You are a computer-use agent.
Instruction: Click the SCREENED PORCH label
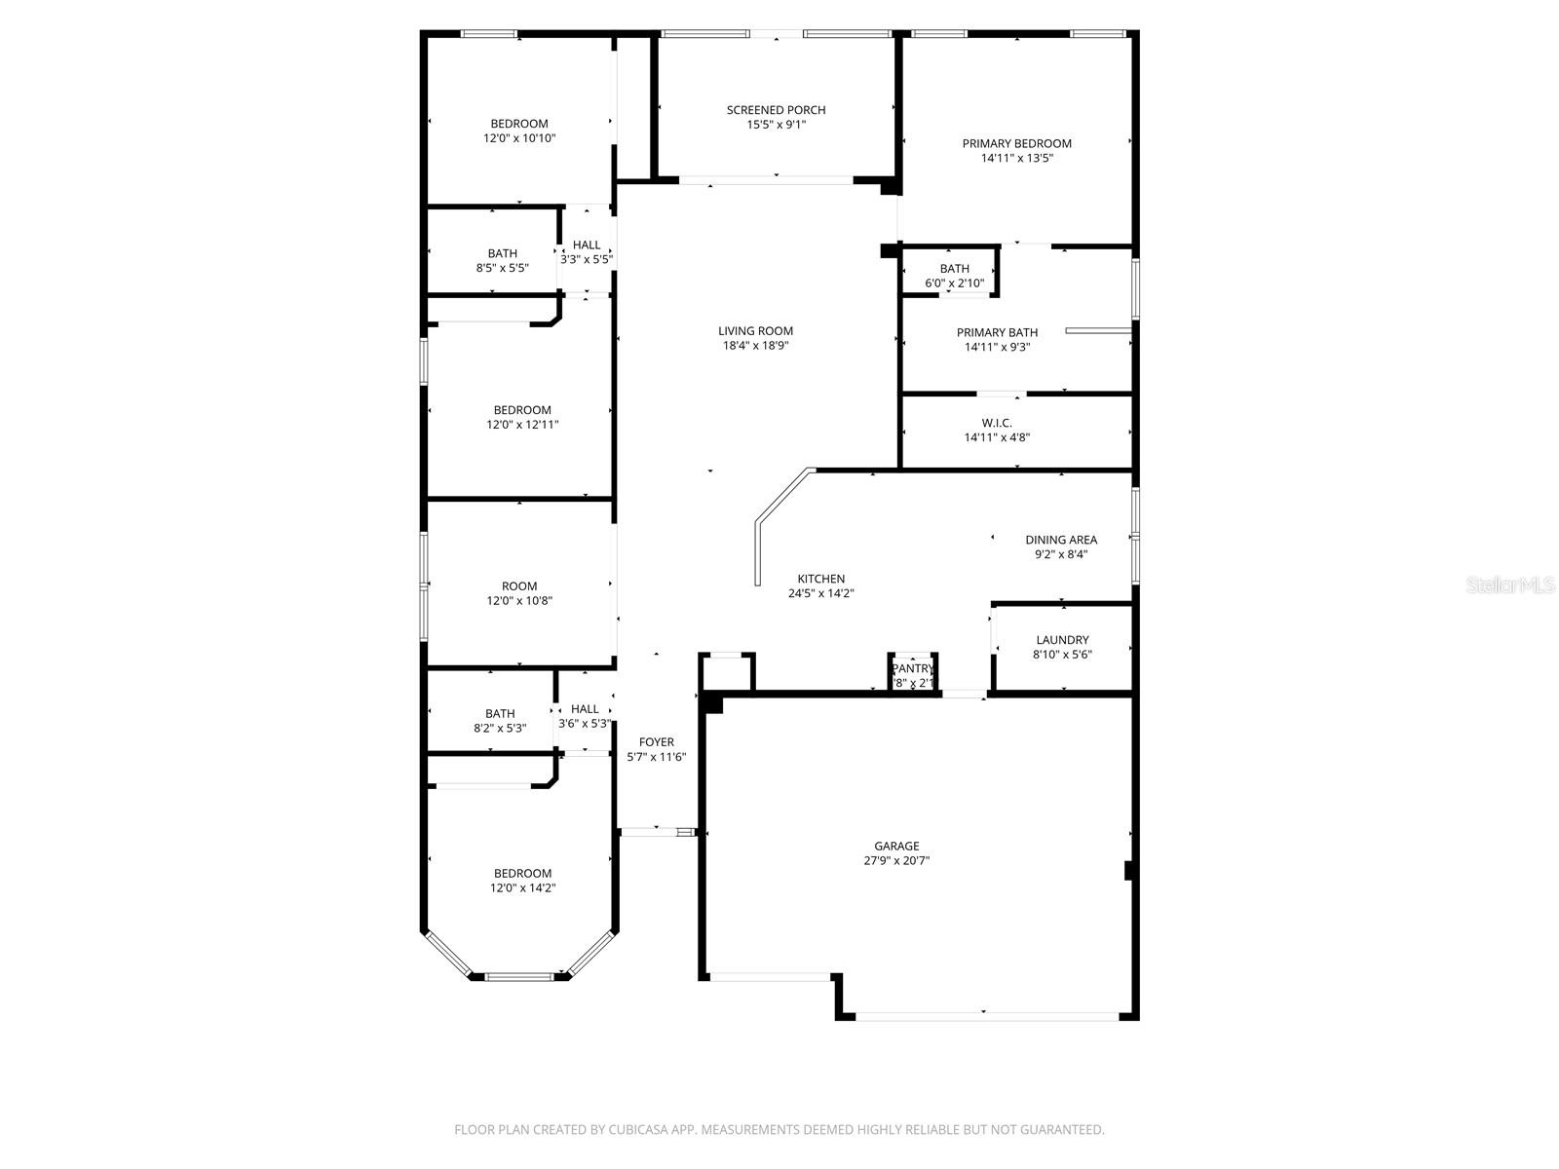click(x=776, y=110)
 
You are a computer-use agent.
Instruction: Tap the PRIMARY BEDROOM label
click(x=1016, y=143)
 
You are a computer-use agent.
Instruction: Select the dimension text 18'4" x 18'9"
click(x=755, y=345)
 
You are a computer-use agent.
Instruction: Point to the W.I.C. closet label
click(x=997, y=423)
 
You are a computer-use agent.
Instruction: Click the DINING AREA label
click(x=1060, y=540)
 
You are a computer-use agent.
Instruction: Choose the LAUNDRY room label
click(x=1062, y=640)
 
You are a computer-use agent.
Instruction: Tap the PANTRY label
click(x=913, y=668)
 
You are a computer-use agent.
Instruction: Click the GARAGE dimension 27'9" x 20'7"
click(x=896, y=861)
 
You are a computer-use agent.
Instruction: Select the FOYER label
click(x=656, y=742)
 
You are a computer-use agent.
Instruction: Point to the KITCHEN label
click(x=821, y=579)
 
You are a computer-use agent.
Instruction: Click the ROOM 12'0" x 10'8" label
click(x=519, y=586)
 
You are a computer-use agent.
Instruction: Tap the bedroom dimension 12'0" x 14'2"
click(x=522, y=888)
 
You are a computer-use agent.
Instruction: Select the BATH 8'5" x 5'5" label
click(x=503, y=253)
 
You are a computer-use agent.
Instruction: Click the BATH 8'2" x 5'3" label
click(x=500, y=713)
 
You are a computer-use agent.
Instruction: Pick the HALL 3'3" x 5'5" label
click(x=587, y=245)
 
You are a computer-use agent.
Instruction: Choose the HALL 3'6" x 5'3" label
click(x=585, y=709)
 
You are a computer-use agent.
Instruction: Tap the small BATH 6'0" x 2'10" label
click(x=954, y=269)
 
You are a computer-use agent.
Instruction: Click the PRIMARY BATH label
click(x=997, y=332)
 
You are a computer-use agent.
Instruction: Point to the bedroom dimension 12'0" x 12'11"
click(x=522, y=425)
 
